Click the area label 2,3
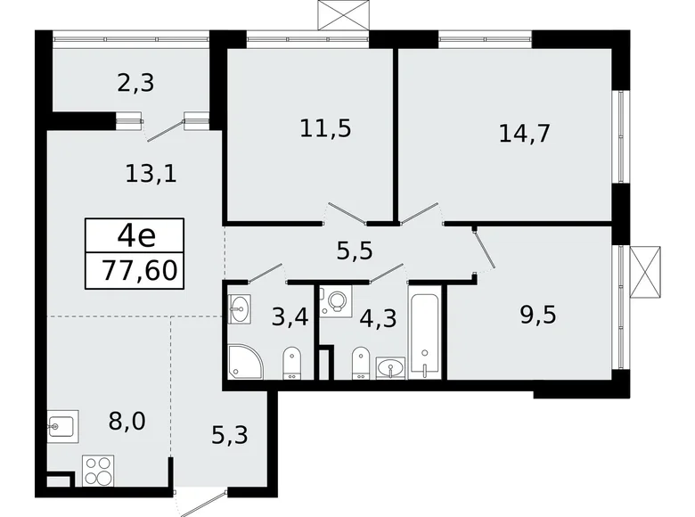pos(135,85)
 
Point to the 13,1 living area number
pos(151,172)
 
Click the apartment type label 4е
pos(136,236)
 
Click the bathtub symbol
pos(424,330)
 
